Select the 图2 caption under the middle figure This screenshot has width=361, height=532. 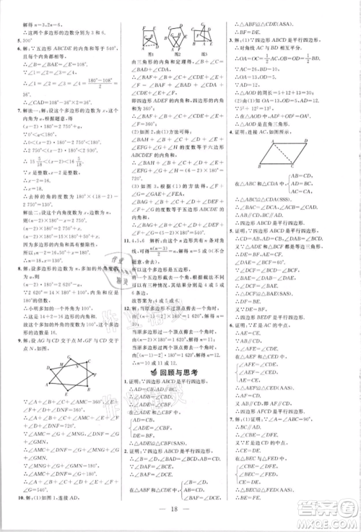(x=172, y=53)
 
